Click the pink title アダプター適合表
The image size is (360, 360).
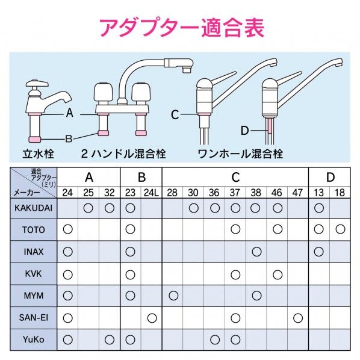coord(182,28)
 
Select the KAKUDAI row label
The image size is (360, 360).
coord(34,208)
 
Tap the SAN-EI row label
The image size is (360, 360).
coord(34,318)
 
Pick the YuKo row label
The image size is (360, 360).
coord(34,340)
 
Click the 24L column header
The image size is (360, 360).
coord(151,193)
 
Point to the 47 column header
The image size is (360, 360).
coord(297,193)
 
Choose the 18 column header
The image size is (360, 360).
coord(340,193)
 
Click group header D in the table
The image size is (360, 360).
coord(330,177)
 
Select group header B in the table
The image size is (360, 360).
coord(141,177)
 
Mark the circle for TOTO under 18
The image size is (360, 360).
coord(340,229)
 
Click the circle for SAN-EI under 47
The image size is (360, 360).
coord(298,318)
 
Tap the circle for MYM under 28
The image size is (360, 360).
coord(173,296)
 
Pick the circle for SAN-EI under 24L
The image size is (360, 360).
coord(152,318)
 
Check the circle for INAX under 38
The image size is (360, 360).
coord(256,252)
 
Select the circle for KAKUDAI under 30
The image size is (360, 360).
coord(194,208)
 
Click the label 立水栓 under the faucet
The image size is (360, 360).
coord(38,154)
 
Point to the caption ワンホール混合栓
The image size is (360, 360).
coord(240,154)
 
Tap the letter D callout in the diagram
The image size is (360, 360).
coord(244,131)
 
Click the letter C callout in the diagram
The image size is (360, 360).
coord(175,114)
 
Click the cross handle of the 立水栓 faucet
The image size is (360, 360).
coord(37,83)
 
